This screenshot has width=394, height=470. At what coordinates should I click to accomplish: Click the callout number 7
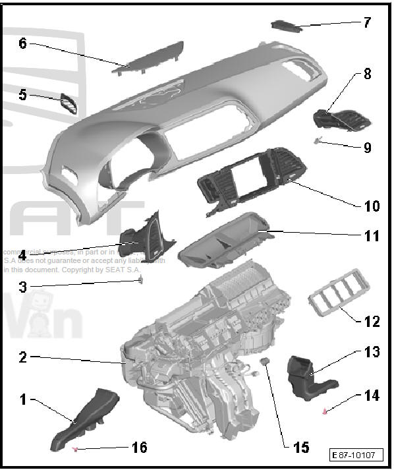(367, 22)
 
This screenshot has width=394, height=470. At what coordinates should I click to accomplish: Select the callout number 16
(139, 448)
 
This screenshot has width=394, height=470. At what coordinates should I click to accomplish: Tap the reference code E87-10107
(356, 455)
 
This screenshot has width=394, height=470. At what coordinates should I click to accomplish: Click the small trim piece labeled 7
(284, 25)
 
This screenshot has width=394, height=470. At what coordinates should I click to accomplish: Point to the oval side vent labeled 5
(69, 103)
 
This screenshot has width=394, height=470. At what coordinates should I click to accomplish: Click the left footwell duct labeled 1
(86, 418)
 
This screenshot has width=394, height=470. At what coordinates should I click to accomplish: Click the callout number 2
(22, 357)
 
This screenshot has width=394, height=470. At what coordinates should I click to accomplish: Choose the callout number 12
(372, 322)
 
